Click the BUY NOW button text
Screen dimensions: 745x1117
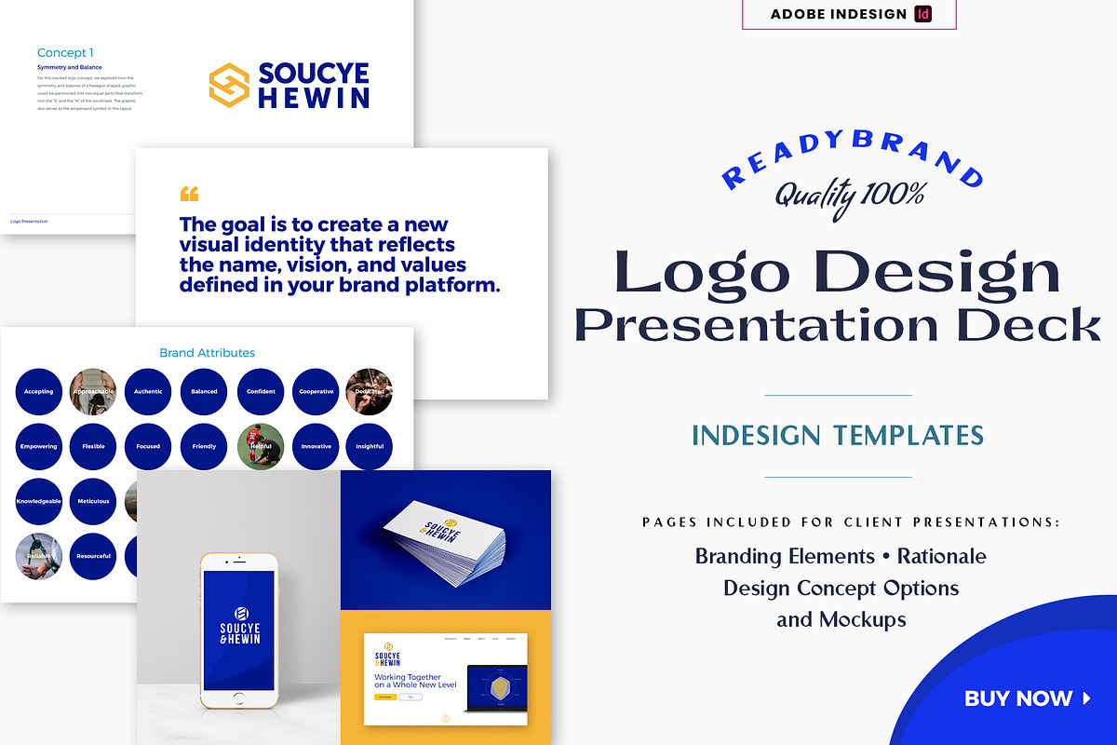1018,698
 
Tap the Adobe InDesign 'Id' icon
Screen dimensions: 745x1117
923,14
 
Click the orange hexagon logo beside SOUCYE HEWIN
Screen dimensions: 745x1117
228,84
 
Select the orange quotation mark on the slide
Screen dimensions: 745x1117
189,194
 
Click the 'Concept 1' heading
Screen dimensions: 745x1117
65,53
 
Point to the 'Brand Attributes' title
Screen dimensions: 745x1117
207,353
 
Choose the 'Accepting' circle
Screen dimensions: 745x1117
39,392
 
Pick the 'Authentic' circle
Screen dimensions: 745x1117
148,392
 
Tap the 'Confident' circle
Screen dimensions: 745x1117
261,392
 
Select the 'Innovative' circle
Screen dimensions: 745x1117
316,447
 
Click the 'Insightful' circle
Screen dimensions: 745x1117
370,447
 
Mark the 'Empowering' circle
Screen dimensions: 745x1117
39,447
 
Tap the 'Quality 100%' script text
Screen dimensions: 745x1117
850,194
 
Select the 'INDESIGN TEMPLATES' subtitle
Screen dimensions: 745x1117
838,435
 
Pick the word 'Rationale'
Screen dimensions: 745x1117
941,557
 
